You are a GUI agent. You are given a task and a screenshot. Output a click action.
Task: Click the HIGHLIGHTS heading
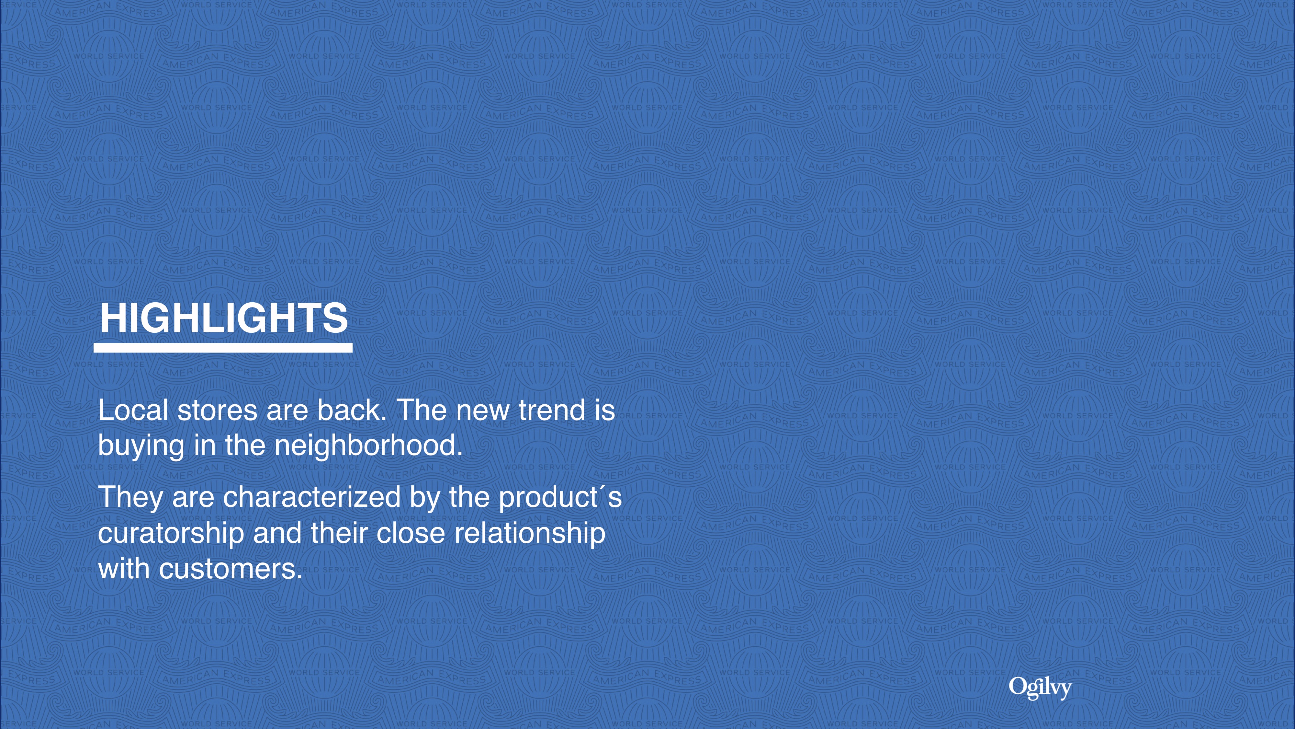coord(224,318)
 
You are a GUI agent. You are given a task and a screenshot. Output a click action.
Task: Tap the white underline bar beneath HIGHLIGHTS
coord(223,348)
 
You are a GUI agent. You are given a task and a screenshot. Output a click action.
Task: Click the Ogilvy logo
coord(1040,688)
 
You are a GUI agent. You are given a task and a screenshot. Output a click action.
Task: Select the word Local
coord(133,410)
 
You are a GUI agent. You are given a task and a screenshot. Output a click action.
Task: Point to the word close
coord(411,533)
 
